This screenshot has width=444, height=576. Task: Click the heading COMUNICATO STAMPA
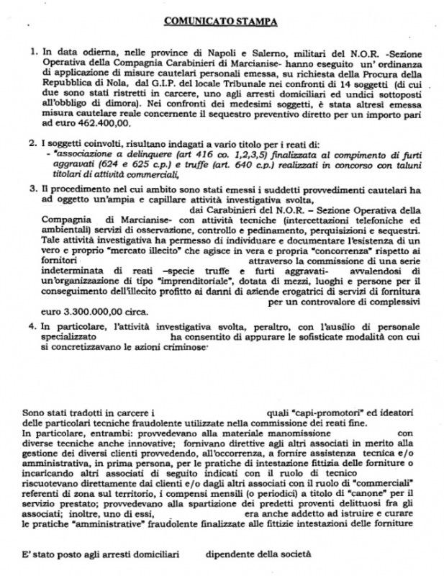click(220, 22)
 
